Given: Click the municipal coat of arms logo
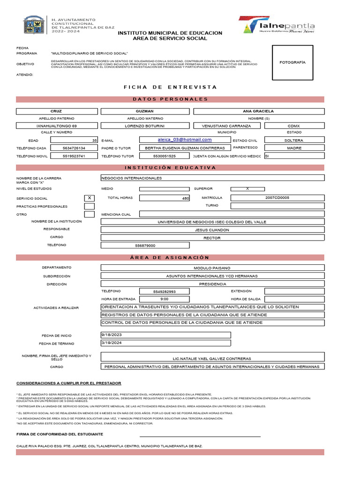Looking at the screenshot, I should (34, 24).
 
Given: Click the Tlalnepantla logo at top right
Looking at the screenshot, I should (277, 25).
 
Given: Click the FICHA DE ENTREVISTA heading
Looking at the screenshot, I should (170, 87).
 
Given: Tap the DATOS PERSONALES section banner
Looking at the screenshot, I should (170, 99).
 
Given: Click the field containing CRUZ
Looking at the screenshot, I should (56, 111).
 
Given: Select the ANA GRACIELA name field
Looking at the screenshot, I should (258, 111).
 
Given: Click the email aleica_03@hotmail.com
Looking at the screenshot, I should (185, 140).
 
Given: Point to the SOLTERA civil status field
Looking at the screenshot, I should (294, 140).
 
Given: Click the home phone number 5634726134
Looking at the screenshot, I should (74, 148).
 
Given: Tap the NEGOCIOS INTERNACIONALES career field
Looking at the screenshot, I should (212, 178).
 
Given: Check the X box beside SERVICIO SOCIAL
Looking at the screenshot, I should (89, 198).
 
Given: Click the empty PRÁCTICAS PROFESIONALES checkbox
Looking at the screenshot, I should (89, 206).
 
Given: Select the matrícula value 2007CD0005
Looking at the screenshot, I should (277, 198).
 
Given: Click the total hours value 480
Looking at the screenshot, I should (165, 198).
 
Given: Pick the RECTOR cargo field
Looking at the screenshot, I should (212, 238).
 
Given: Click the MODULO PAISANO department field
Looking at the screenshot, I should (212, 268).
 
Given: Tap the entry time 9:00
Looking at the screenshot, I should (165, 299).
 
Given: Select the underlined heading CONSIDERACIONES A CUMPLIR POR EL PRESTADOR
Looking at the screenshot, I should (69, 383).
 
